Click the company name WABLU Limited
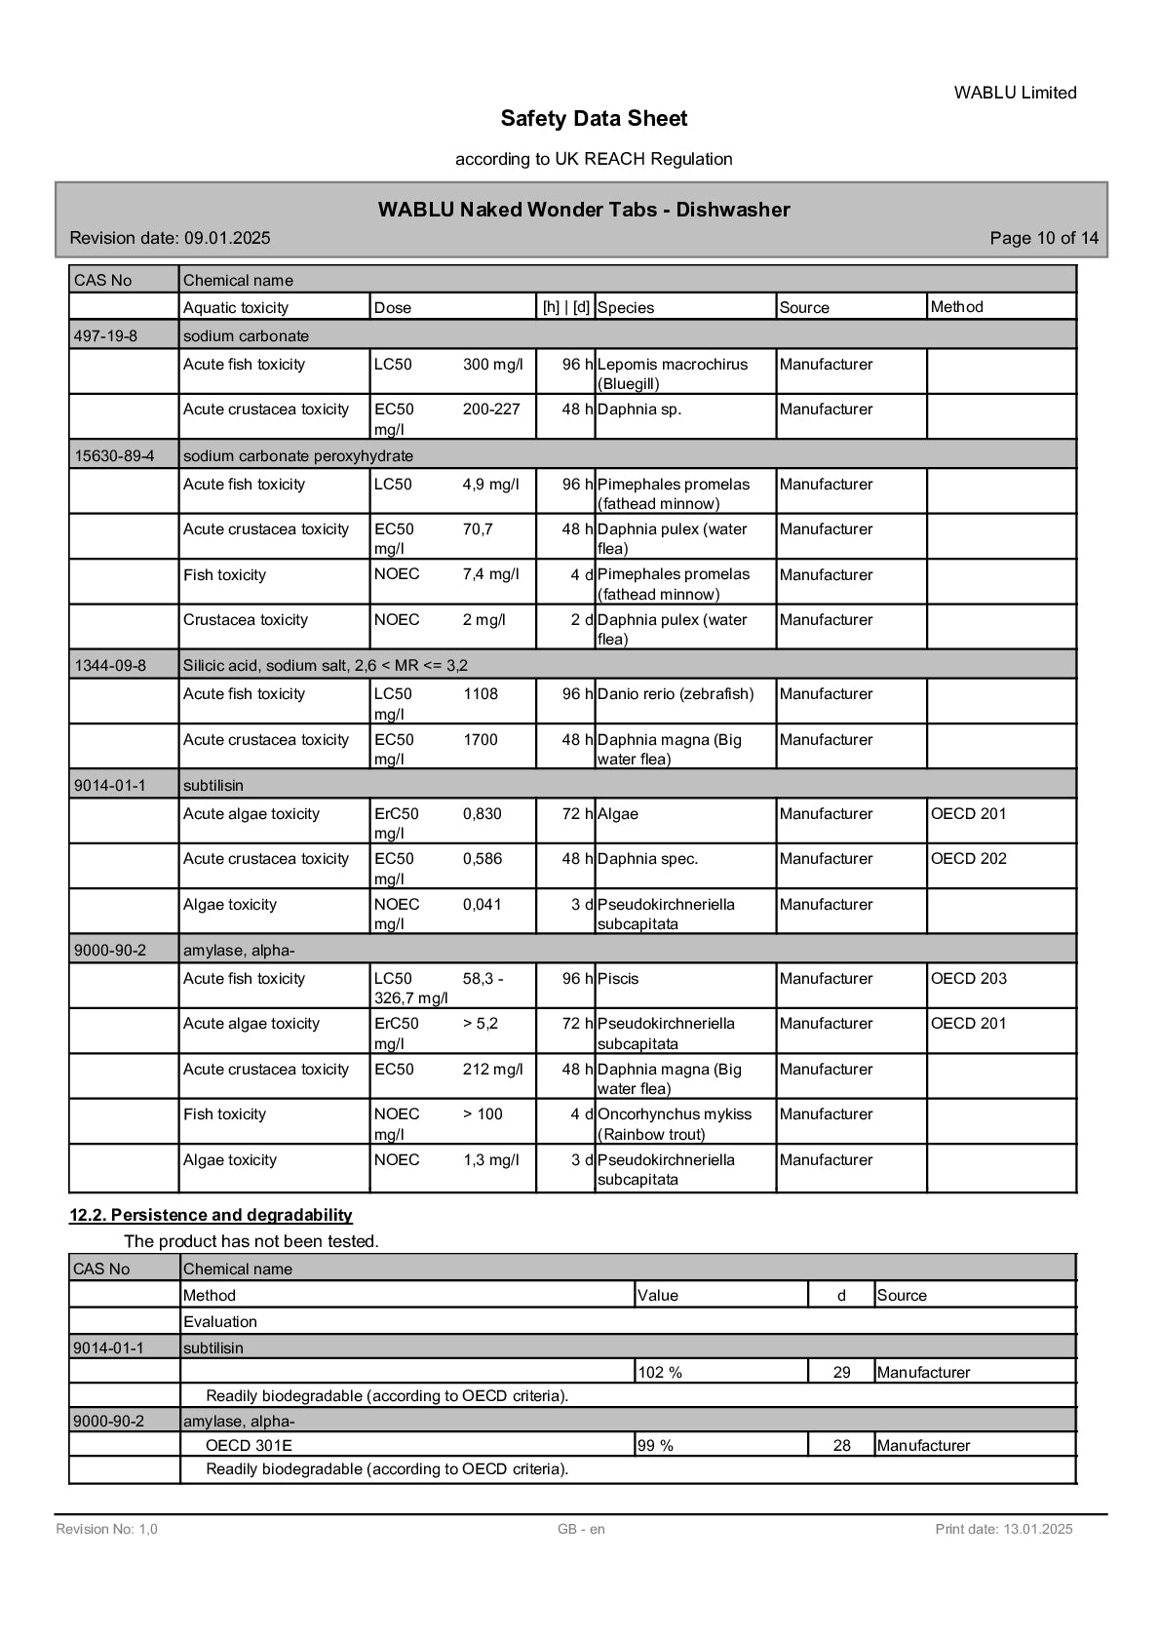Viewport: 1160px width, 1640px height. point(1015,93)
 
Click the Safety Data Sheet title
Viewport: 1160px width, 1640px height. point(594,119)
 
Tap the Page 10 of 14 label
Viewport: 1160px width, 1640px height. point(1043,238)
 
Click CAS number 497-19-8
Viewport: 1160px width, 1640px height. point(106,336)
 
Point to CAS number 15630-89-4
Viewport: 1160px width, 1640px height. point(114,456)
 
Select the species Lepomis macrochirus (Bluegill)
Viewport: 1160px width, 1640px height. point(673,373)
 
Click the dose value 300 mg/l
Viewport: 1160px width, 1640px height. point(492,365)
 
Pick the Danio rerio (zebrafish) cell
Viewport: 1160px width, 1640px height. point(676,694)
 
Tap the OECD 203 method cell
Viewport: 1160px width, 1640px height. point(968,979)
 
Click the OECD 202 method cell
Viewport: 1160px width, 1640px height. point(968,859)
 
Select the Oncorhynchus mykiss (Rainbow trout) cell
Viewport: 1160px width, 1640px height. point(675,1124)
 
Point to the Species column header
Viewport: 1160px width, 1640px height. point(626,308)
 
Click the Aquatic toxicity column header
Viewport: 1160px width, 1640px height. point(236,308)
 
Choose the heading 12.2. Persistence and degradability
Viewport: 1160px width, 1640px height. point(211,1215)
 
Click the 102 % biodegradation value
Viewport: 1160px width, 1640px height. point(660,1373)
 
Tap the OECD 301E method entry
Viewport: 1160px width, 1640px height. point(249,1446)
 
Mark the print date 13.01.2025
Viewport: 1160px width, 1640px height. point(1003,1529)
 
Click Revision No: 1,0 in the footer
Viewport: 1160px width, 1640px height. point(106,1529)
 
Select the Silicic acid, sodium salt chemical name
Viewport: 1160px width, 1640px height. point(325,666)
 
